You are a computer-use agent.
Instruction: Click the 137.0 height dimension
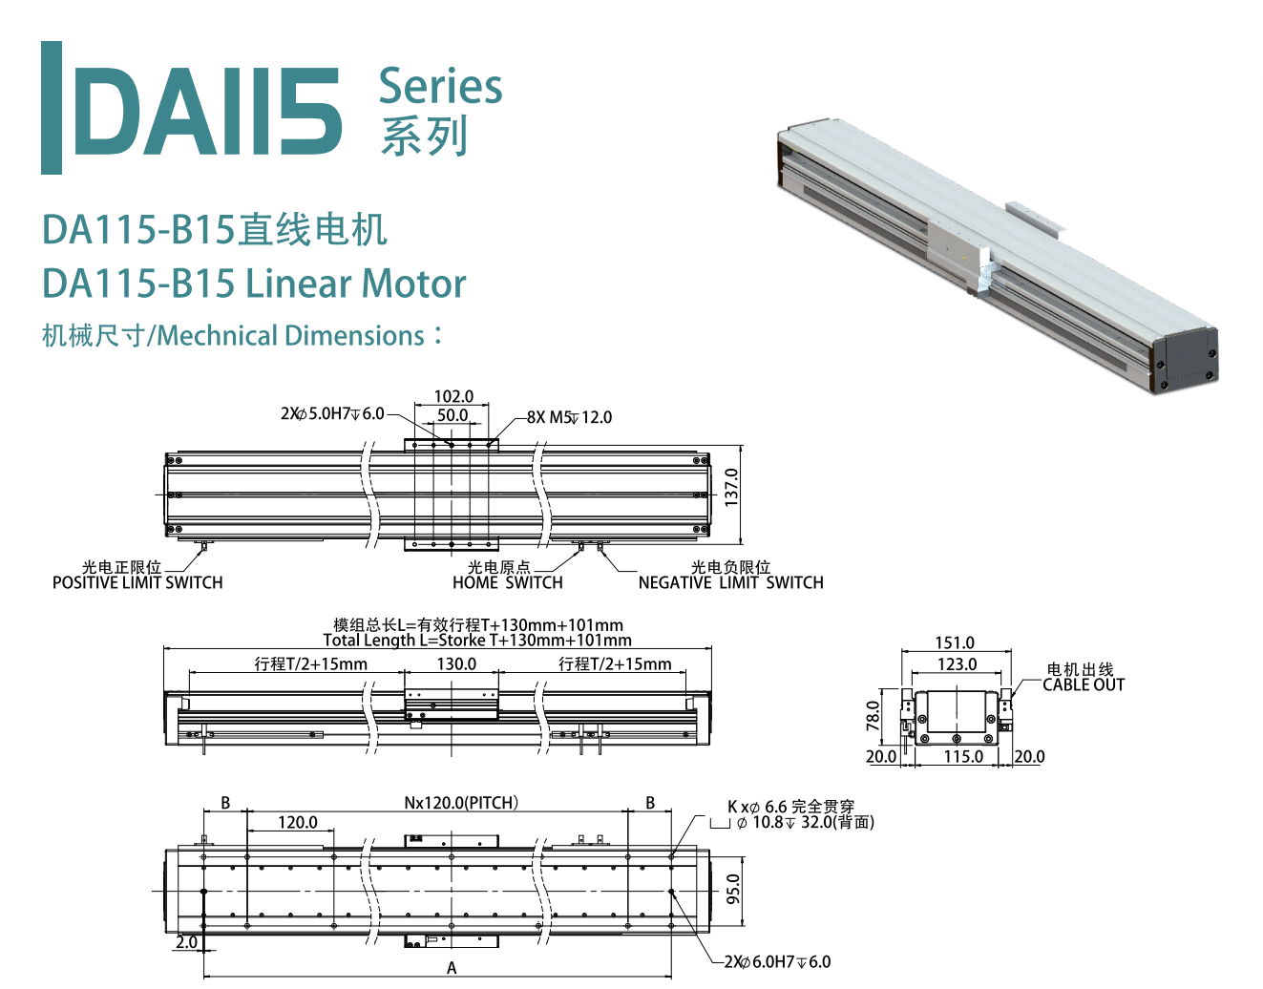[731, 487]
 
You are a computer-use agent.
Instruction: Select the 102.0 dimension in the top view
[453, 396]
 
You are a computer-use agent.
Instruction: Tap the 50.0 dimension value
[453, 415]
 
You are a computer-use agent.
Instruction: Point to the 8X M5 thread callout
[569, 417]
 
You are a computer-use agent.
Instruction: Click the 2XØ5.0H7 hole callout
[331, 413]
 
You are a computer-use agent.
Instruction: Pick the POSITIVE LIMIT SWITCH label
[137, 582]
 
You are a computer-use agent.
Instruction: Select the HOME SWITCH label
[507, 582]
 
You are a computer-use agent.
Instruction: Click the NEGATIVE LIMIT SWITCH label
[730, 582]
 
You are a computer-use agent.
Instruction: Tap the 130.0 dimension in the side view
[456, 663]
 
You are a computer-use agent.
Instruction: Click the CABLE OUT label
[1084, 684]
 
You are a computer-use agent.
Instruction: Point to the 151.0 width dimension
[955, 643]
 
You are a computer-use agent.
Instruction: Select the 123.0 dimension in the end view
[957, 664]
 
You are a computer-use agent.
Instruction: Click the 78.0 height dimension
[873, 716]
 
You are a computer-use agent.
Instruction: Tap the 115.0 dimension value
[963, 756]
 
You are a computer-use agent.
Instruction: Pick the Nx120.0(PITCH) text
[461, 803]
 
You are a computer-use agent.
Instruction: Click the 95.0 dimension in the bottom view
[733, 888]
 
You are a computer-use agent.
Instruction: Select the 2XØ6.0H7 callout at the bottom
[777, 961]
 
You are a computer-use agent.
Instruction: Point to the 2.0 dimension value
[186, 942]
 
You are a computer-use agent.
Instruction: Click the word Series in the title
[440, 86]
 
